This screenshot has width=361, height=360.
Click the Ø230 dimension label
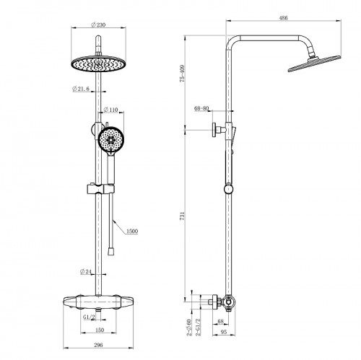[98, 25]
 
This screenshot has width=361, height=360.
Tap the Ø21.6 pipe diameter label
[81, 89]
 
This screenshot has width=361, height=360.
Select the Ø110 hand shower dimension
[110, 110]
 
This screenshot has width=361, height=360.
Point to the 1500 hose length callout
[132, 231]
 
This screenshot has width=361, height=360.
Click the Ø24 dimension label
[86, 271]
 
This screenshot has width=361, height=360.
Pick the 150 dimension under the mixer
[100, 330]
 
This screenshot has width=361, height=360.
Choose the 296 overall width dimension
[98, 345]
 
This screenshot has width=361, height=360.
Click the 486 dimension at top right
[283, 18]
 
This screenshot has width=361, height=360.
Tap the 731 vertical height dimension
[183, 216]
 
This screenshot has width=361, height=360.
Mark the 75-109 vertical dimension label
[183, 74]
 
